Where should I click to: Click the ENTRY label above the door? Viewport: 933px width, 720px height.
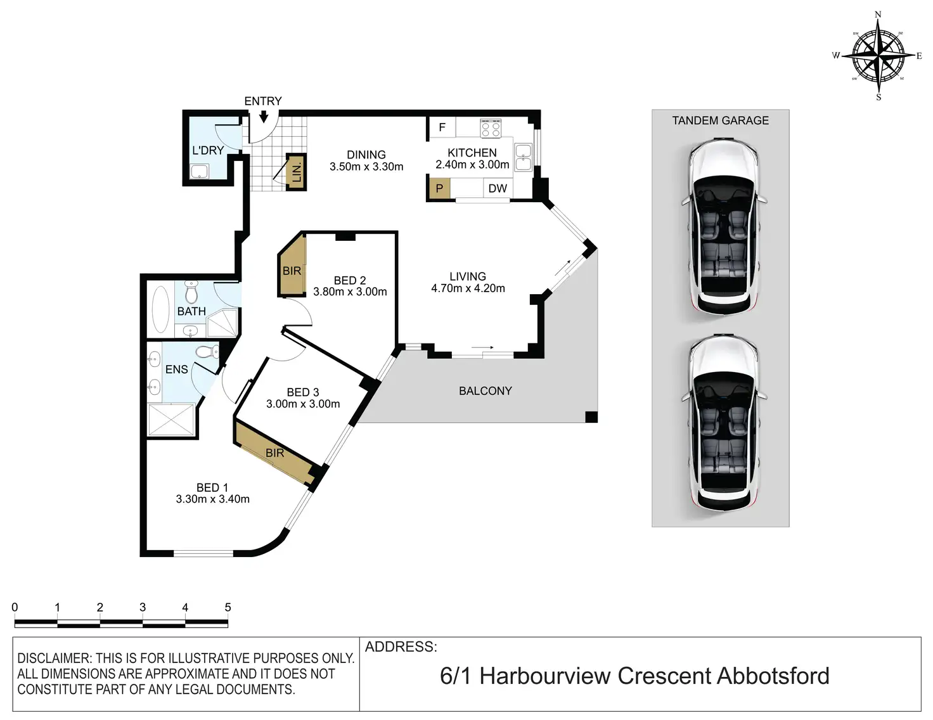pos(262,101)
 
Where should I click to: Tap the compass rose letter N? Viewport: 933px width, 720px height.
pos(878,15)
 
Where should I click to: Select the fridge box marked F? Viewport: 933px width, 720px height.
pos(442,127)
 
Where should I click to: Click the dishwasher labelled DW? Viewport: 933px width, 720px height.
pos(498,189)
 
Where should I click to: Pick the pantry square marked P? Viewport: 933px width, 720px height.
pos(439,189)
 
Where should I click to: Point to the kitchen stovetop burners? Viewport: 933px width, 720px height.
pos(490,129)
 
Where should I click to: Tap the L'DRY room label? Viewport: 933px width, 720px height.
pos(208,150)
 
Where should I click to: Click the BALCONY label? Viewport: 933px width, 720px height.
pos(485,391)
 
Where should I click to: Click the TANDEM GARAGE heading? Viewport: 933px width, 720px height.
pos(720,120)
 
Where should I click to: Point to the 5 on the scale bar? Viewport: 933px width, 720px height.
pos(228,607)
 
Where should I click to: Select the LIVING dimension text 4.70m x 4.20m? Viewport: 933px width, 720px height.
pos(468,288)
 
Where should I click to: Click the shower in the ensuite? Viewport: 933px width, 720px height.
pos(171,420)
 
